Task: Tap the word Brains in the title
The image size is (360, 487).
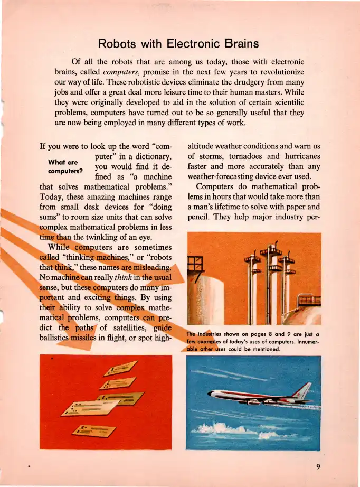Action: pos(241,42)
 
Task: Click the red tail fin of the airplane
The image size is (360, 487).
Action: pos(305,390)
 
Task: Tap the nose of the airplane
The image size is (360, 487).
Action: pos(211,395)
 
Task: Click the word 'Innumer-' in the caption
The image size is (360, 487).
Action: pos(306,341)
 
